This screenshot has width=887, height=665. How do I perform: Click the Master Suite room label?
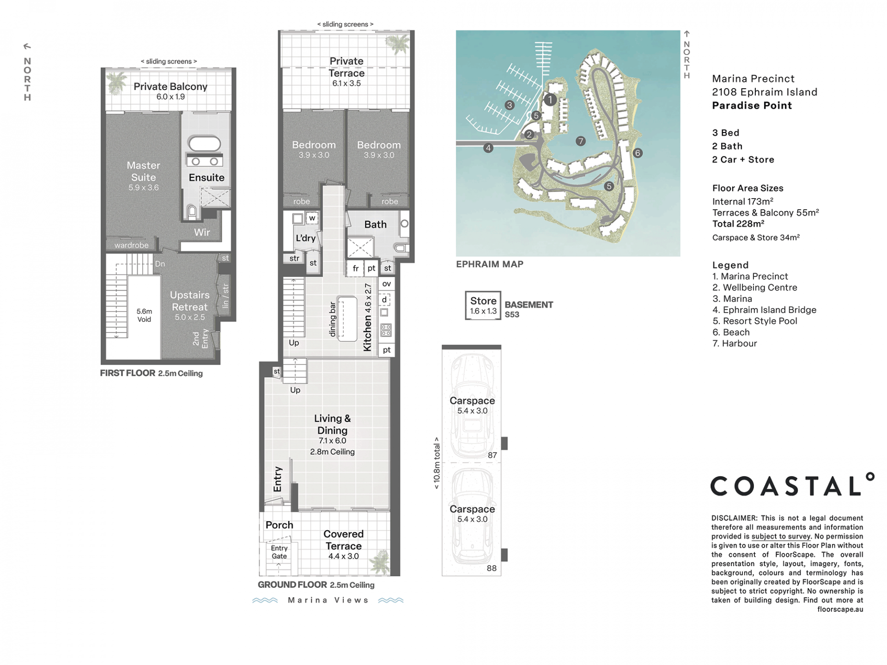143,171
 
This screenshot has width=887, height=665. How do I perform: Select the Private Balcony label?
170,86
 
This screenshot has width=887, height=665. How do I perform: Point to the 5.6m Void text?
144,315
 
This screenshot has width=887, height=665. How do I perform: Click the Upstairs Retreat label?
190,301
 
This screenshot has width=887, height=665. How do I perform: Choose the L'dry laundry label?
305,238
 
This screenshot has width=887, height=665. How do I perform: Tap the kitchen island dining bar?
347,319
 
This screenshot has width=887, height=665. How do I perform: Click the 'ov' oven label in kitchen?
387,284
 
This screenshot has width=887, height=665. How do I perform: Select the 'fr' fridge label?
356,268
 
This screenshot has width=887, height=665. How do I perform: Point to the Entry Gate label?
279,552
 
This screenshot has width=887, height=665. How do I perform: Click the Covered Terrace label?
343,540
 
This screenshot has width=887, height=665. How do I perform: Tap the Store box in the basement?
483,305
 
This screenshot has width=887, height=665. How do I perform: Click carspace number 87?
492,455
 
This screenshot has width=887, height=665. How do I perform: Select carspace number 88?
492,568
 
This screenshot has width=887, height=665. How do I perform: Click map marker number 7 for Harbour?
581,141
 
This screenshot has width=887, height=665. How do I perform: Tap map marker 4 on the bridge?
488,148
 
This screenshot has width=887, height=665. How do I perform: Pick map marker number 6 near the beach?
638,153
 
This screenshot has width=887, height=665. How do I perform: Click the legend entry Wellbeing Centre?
755,287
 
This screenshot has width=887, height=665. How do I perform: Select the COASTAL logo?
792,484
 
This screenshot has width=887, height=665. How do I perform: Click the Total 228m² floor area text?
738,224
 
